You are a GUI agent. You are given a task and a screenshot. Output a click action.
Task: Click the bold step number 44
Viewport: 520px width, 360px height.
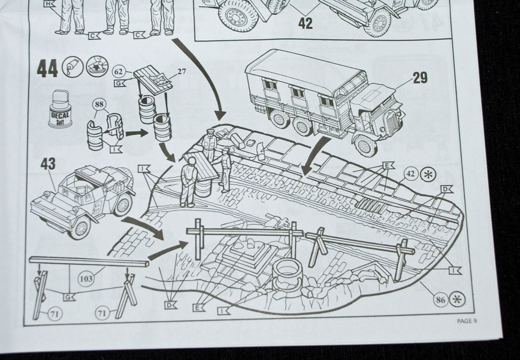click(48, 69)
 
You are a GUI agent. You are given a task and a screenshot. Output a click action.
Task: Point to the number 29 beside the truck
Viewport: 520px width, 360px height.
click(420, 78)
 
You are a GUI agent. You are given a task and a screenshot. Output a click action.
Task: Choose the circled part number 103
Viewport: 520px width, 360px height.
click(86, 278)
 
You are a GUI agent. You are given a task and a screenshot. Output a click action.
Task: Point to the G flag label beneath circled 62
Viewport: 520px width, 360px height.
click(120, 83)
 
